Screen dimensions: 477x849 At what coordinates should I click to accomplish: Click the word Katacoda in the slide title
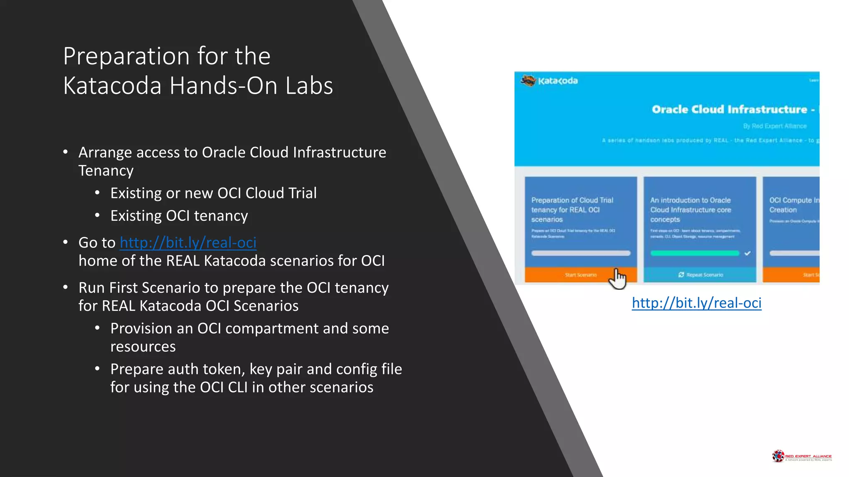tap(112, 86)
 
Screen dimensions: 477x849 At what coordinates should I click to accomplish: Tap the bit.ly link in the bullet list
tap(188, 243)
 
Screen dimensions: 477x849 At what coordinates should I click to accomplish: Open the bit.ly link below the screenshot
tap(696, 303)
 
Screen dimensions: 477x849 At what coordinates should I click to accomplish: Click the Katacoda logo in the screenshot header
tap(549, 81)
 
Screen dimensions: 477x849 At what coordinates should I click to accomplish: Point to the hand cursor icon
tap(618, 278)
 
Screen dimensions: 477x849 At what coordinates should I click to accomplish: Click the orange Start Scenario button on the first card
tap(580, 275)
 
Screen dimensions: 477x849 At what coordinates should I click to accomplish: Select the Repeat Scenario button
tap(700, 275)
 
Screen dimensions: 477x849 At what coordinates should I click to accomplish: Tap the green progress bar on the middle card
tap(694, 253)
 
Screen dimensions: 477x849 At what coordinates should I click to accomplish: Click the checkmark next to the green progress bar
tap(747, 253)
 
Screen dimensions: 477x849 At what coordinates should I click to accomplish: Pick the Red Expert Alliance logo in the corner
tap(802, 456)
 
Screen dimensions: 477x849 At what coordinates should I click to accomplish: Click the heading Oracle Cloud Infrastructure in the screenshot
tap(729, 109)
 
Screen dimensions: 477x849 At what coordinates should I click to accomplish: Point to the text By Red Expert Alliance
tap(774, 126)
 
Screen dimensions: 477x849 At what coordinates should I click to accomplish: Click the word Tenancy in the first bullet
tap(106, 171)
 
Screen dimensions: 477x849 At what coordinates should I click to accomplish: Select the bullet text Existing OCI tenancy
tap(179, 216)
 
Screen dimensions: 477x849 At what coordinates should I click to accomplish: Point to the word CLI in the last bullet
tap(237, 387)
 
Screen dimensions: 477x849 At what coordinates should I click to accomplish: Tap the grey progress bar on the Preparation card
tap(580, 253)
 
